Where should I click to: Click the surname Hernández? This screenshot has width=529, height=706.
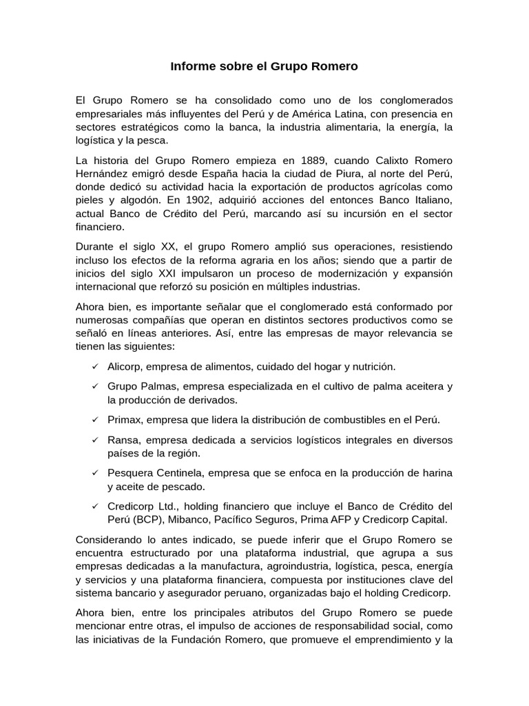tap(101, 174)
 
